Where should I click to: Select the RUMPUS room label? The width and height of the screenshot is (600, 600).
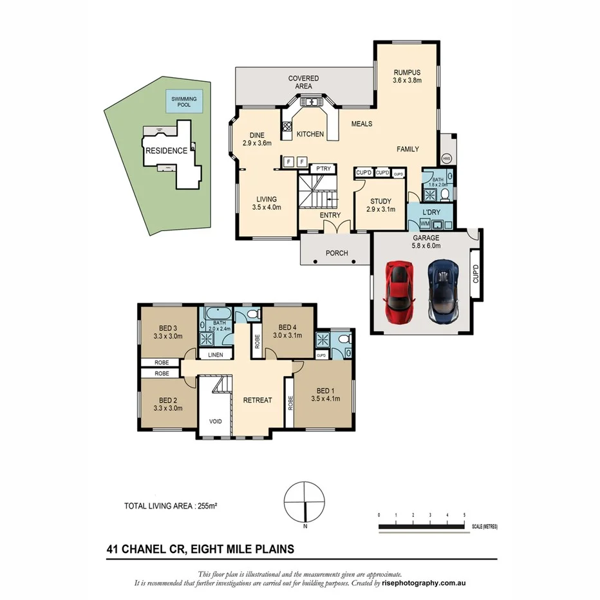point(407,73)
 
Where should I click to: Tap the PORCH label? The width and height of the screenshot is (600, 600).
point(336,253)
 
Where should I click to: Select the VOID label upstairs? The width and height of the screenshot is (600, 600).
point(214,422)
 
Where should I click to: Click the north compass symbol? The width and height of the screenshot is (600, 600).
point(305,503)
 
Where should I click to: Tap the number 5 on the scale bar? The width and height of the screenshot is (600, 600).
point(464,516)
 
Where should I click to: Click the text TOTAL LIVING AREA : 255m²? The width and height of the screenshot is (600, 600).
point(170,507)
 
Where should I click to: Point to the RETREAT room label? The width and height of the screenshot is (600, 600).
point(258,400)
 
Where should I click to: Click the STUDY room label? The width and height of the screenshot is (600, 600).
point(380,201)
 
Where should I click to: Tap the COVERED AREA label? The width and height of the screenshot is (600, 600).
point(303,82)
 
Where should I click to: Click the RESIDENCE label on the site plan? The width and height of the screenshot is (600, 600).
point(166,151)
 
